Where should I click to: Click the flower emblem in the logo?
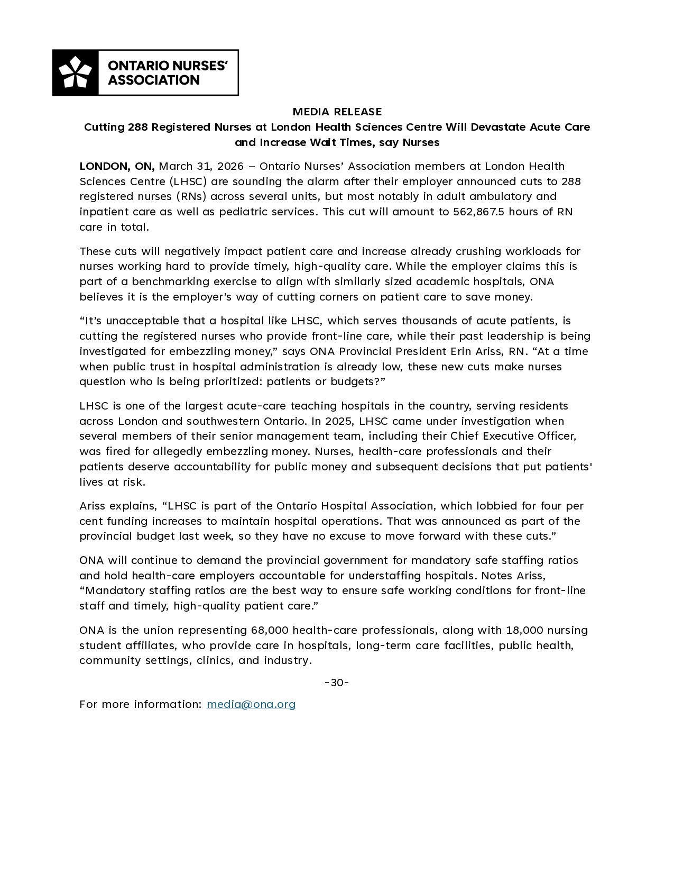[x=75, y=72]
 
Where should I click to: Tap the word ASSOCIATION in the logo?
[x=153, y=80]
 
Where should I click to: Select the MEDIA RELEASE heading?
[x=337, y=112]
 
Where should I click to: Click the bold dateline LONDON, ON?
[x=117, y=166]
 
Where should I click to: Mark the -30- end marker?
[x=337, y=683]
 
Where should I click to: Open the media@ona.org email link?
[x=251, y=704]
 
